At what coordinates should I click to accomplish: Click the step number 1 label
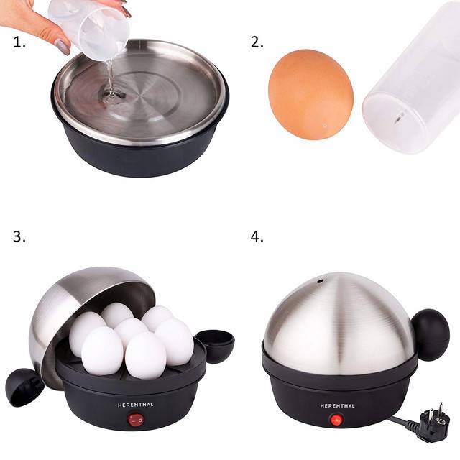click(19, 43)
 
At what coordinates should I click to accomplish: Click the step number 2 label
click(257, 42)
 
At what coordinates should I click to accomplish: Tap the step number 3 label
click(19, 236)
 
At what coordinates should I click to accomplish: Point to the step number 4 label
click(257, 236)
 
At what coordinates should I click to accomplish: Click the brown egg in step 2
click(310, 94)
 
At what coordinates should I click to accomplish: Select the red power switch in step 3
click(136, 420)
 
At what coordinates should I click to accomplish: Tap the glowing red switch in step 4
click(337, 420)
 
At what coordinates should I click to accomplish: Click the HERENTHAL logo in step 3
click(136, 405)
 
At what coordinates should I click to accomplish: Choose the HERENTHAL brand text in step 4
click(337, 406)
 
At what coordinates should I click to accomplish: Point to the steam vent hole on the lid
click(320, 281)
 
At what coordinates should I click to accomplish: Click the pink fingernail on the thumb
click(63, 46)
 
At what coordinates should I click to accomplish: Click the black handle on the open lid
click(24, 387)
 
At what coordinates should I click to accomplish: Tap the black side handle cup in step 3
click(216, 346)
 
